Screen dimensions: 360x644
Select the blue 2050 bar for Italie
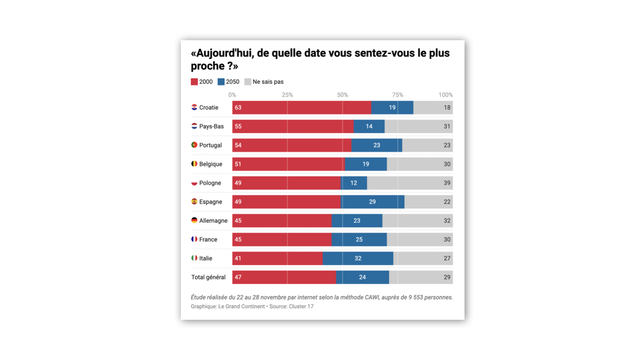point(358,259)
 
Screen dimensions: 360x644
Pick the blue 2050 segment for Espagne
point(372,202)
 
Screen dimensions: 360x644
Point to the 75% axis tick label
point(397,95)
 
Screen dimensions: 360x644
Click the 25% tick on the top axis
point(287,95)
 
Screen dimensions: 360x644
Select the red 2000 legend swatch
point(194,82)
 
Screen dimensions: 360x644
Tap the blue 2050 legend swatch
point(221,82)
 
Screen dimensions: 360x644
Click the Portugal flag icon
point(194,145)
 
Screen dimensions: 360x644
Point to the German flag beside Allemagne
point(194,220)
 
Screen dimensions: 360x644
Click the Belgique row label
point(211,164)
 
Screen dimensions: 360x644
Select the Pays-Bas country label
point(211,126)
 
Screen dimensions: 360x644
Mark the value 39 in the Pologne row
point(447,183)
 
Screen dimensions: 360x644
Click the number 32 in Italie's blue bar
point(358,259)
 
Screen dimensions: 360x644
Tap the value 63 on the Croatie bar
point(238,108)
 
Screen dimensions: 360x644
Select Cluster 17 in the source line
point(301,306)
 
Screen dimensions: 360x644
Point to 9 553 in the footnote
point(414,297)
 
